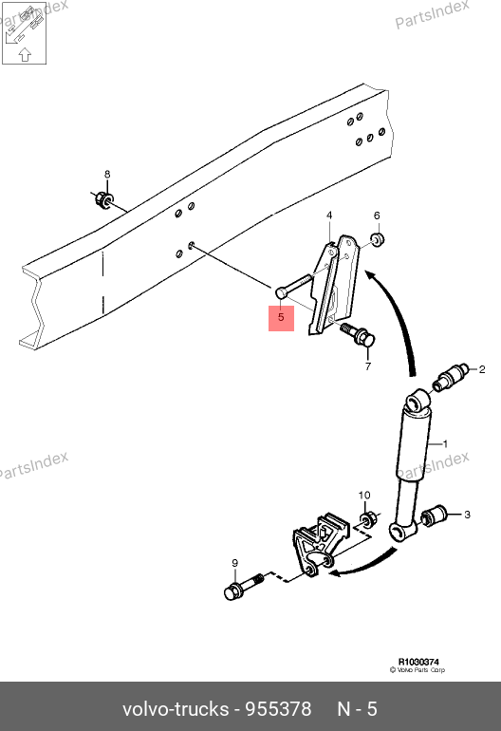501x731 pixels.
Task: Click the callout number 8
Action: pos(107,175)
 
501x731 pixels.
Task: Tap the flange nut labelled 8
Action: pos(103,200)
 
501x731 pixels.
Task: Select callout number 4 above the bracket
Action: pos(329,216)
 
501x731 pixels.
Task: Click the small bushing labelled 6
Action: pos(377,239)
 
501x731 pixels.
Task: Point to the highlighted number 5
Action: pos(281,317)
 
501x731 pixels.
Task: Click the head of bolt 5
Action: pos(282,293)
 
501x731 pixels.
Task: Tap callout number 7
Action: pos(368,366)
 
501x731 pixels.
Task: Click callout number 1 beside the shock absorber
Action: pos(445,444)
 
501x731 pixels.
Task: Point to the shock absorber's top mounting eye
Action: pos(417,402)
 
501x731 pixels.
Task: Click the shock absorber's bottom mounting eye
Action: pos(401,531)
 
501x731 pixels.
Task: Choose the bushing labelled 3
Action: pos(434,515)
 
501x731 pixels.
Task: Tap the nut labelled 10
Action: pos(368,519)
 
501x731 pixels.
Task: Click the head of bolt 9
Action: pos(232,591)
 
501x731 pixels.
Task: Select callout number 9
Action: pos(235,563)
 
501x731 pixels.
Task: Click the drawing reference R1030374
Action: pos(418,662)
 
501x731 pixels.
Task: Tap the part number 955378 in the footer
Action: pos(278,709)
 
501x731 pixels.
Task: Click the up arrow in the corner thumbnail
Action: pos(25,54)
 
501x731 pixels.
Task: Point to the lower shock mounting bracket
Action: pos(321,543)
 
